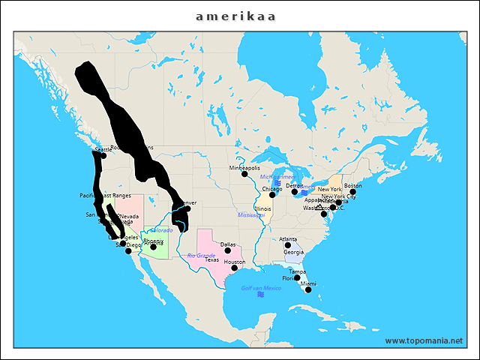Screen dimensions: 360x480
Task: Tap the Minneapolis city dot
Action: click(244, 174)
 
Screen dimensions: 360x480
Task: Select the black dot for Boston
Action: click(353, 192)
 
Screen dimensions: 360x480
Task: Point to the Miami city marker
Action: click(308, 289)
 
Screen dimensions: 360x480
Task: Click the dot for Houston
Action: click(235, 268)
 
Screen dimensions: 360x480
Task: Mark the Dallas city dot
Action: click(227, 250)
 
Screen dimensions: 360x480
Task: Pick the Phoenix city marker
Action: click(154, 247)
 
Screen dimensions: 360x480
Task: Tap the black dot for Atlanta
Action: click(288, 245)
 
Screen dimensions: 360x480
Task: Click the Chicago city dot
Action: click(272, 195)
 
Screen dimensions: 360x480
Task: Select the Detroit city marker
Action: click(295, 191)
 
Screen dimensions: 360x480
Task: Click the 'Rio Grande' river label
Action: click(201, 256)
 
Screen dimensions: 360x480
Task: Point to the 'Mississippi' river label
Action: click(251, 214)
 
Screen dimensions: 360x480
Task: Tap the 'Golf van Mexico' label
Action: click(261, 288)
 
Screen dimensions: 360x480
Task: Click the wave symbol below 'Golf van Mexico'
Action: click(261, 295)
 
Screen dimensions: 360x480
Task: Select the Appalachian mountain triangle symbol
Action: click(319, 206)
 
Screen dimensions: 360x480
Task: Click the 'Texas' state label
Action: click(212, 260)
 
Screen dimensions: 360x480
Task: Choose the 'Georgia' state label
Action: click(294, 252)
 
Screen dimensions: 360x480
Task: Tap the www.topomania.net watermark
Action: click(424, 340)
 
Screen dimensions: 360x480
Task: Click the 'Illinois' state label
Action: click(262, 208)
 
